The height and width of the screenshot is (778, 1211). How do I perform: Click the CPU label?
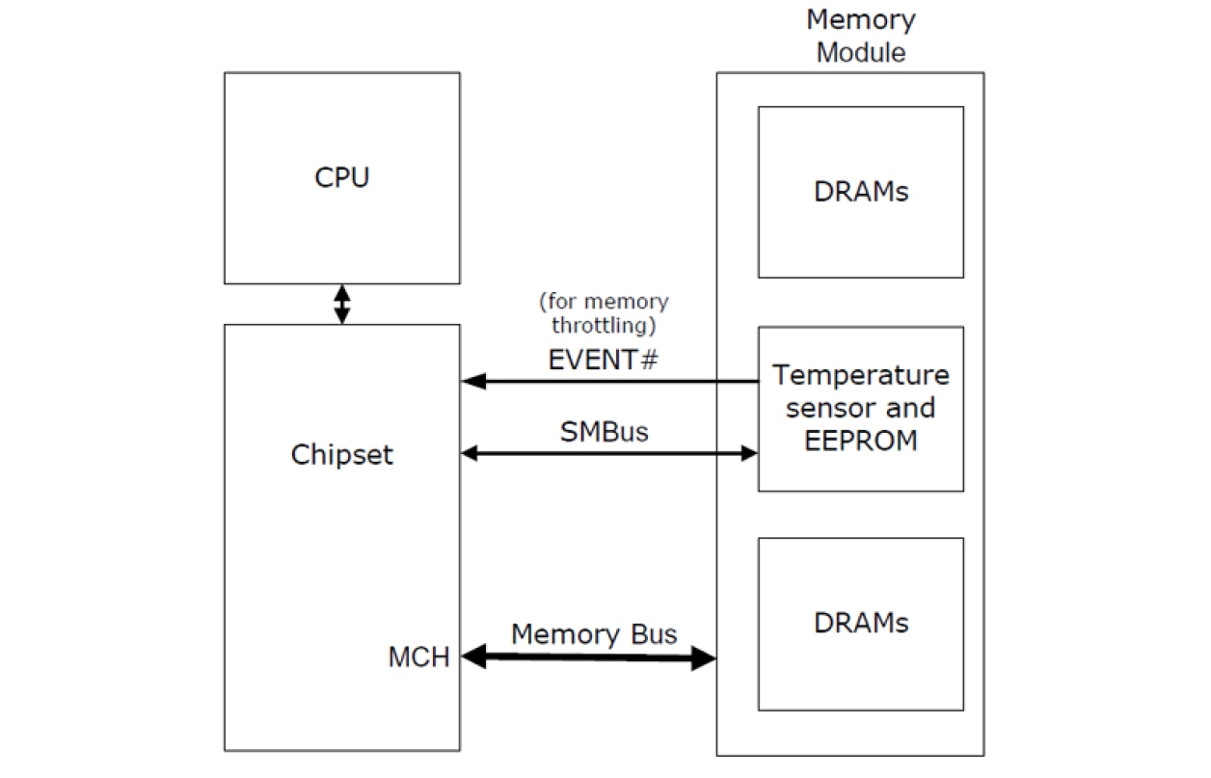point(341,178)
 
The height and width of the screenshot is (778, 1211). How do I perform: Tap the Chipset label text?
point(342,455)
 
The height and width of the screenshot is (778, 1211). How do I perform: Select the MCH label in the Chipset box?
point(418,657)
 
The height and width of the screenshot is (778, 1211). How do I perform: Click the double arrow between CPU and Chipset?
point(341,304)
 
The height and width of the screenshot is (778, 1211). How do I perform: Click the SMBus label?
point(605,433)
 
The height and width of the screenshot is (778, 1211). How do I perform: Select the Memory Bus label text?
point(594,634)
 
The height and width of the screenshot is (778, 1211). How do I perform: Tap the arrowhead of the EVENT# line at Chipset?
point(472,382)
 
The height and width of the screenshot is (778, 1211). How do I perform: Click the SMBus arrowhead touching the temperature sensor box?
point(748,452)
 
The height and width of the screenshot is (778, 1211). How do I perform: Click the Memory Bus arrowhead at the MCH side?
point(473,657)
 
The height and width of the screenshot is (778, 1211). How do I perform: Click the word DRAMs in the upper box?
point(861,192)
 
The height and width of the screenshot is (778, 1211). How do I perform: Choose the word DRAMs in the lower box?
point(861,623)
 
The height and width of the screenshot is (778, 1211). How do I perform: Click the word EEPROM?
point(861,441)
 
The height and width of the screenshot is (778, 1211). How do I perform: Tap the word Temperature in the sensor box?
point(861,374)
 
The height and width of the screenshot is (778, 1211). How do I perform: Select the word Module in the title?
point(861,52)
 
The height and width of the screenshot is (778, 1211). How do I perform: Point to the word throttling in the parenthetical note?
point(604,325)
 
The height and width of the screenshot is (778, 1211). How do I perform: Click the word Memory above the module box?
point(861,19)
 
